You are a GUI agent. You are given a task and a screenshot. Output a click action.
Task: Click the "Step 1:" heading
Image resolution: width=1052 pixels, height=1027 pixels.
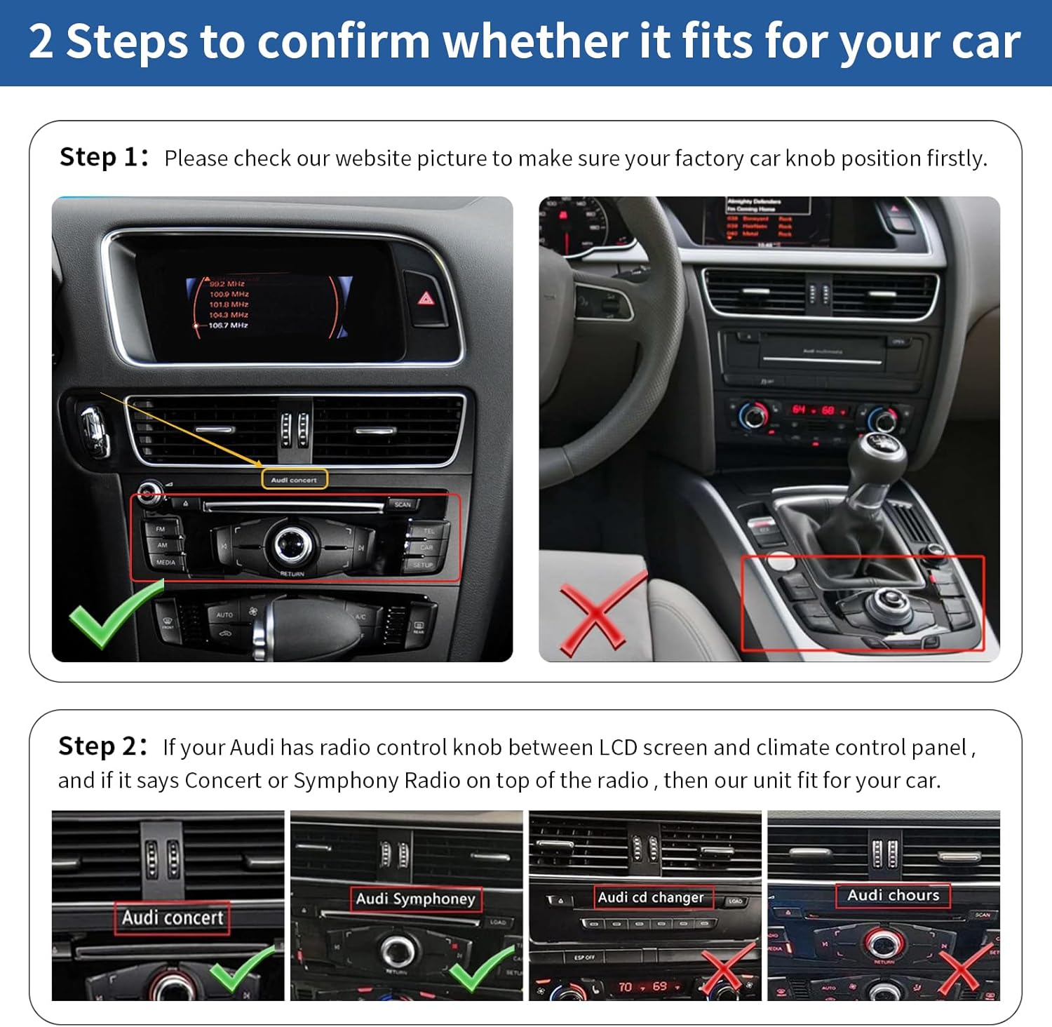104,157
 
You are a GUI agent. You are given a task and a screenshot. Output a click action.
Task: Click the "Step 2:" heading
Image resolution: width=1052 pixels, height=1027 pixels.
102,746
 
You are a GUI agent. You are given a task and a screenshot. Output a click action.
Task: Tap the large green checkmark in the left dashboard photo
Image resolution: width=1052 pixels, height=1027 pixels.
114,613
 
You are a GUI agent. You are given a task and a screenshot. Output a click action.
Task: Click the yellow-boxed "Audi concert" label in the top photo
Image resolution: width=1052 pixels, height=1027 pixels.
295,480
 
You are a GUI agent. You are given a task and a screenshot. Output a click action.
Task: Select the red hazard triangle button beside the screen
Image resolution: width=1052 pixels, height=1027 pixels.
426,300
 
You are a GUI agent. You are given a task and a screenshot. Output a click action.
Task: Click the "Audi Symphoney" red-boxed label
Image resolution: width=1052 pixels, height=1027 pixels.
415,899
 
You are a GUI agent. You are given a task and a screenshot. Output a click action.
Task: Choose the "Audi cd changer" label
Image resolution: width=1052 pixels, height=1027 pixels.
650,897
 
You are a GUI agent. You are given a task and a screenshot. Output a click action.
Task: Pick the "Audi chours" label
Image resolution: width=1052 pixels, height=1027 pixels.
893,895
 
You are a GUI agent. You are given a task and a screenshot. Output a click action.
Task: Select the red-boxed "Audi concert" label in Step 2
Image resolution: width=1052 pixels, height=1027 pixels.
173,918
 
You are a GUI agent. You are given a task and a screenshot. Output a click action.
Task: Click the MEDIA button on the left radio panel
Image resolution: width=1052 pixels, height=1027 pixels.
166,562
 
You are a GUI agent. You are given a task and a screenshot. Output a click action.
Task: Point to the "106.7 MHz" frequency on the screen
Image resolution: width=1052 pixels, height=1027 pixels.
228,325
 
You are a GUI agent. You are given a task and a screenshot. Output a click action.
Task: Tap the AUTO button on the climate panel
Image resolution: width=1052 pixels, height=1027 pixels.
224,615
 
